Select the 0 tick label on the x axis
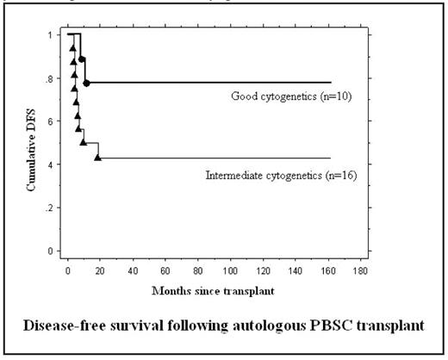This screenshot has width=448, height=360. (x=67, y=270)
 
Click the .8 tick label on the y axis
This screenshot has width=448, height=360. (x=55, y=78)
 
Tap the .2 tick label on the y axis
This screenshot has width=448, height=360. (x=55, y=208)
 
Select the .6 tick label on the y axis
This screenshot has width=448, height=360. (x=55, y=121)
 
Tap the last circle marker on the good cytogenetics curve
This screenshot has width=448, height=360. (x=87, y=84)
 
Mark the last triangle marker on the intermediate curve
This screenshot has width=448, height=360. (x=98, y=158)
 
